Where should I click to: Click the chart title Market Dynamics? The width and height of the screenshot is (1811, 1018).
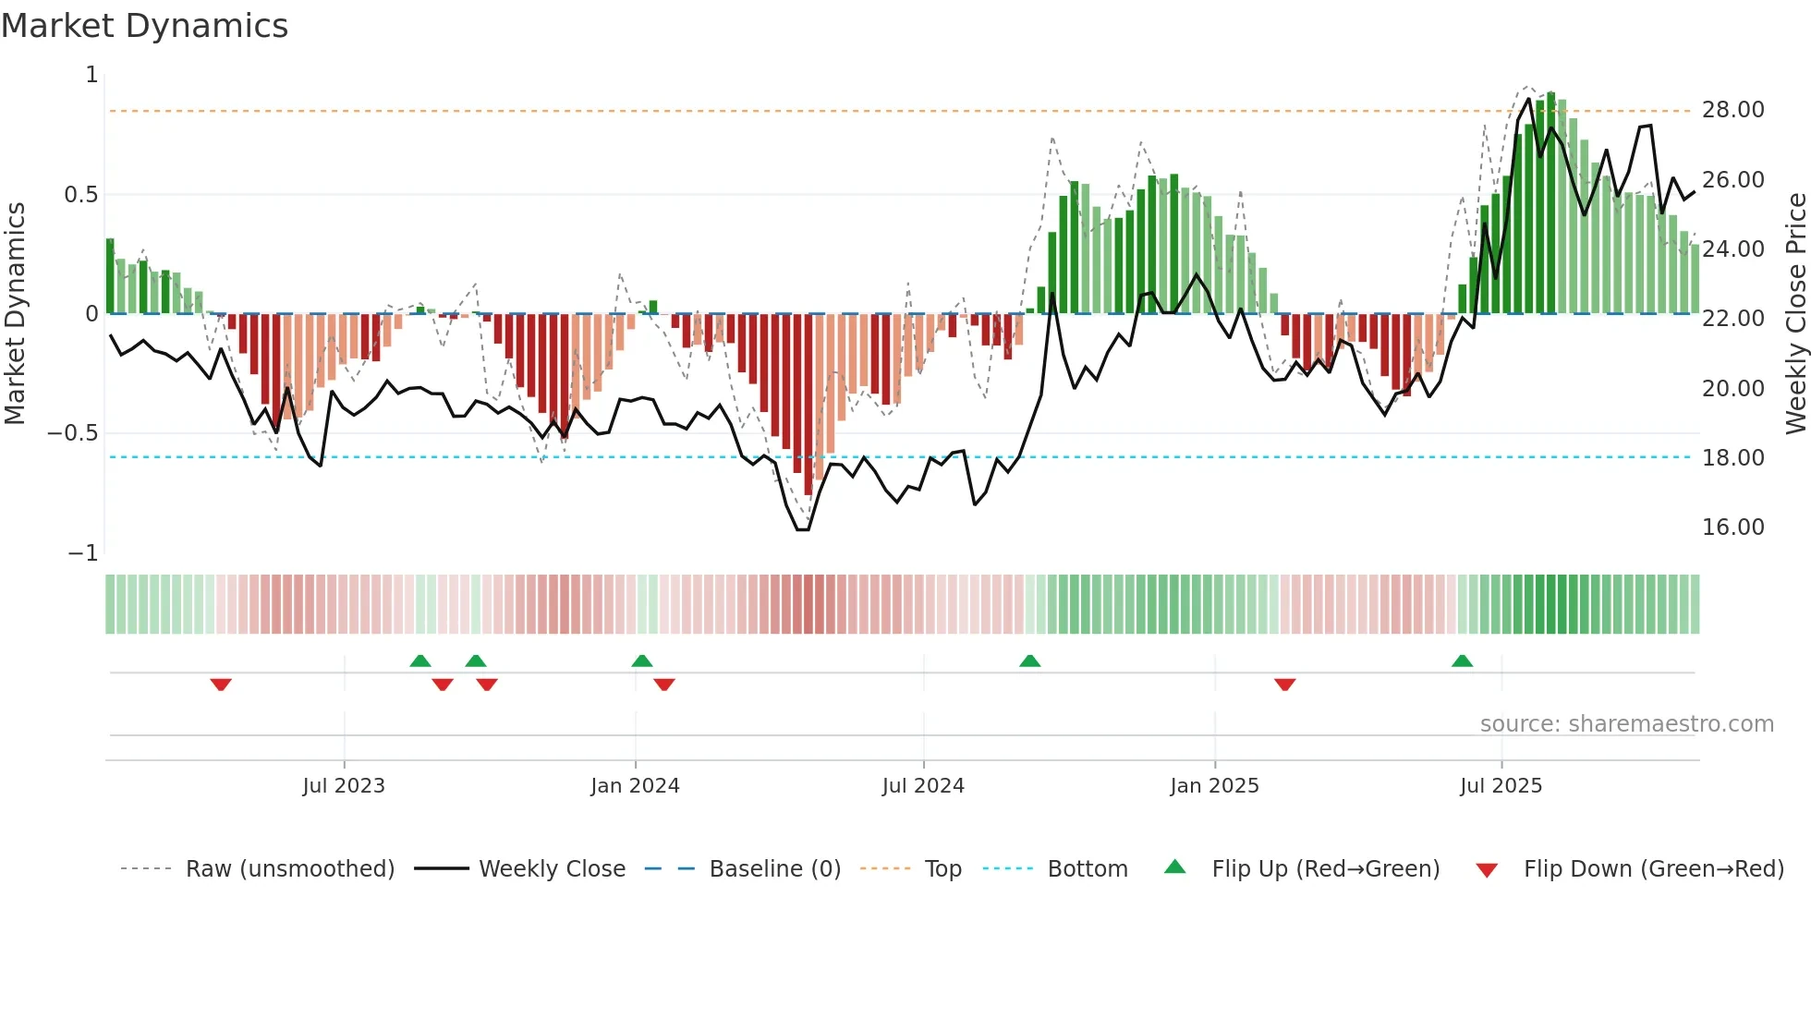145,26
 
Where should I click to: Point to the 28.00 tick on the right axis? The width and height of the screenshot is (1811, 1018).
1732,110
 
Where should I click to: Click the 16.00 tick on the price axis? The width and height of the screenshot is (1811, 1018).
1732,527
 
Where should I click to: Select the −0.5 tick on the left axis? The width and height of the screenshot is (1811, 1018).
73,433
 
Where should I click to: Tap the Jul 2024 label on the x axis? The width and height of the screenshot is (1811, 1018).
923,786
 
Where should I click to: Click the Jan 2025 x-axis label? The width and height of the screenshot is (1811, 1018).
1214,786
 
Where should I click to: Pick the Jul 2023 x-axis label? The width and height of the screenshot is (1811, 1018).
344,786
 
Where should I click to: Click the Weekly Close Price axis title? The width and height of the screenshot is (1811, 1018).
1795,313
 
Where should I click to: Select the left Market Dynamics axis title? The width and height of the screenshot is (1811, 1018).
15,313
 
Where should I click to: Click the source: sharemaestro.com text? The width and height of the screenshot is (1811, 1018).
1626,724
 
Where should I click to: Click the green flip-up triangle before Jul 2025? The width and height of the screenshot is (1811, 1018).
1462,661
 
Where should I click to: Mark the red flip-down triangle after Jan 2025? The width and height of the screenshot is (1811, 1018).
1284,685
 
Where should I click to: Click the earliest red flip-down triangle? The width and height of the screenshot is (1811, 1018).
221,685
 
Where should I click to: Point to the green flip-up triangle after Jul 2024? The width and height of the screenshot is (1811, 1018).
1029,661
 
